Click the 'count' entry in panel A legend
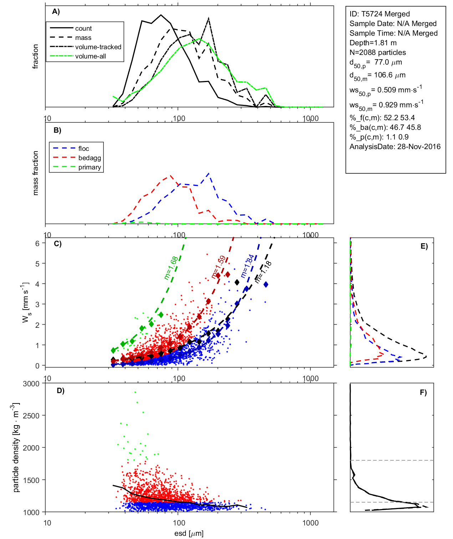(83, 29)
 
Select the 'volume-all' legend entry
(90, 56)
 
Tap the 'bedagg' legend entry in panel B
(90, 158)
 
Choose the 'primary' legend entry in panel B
(90, 167)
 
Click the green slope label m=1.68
(171, 268)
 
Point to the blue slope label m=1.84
(247, 266)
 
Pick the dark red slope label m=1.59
(218, 267)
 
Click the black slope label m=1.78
(263, 272)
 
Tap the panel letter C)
(57, 244)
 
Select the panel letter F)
(423, 392)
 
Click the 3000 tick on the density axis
(31, 384)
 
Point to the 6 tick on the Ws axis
(37, 243)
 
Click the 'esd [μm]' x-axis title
(189, 533)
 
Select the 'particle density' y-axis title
(16, 448)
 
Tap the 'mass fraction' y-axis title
(35, 173)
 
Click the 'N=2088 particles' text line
(377, 52)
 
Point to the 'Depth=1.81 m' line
(373, 43)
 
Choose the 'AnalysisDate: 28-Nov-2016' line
(395, 147)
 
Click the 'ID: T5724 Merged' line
(380, 14)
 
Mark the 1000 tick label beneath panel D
(310, 523)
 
